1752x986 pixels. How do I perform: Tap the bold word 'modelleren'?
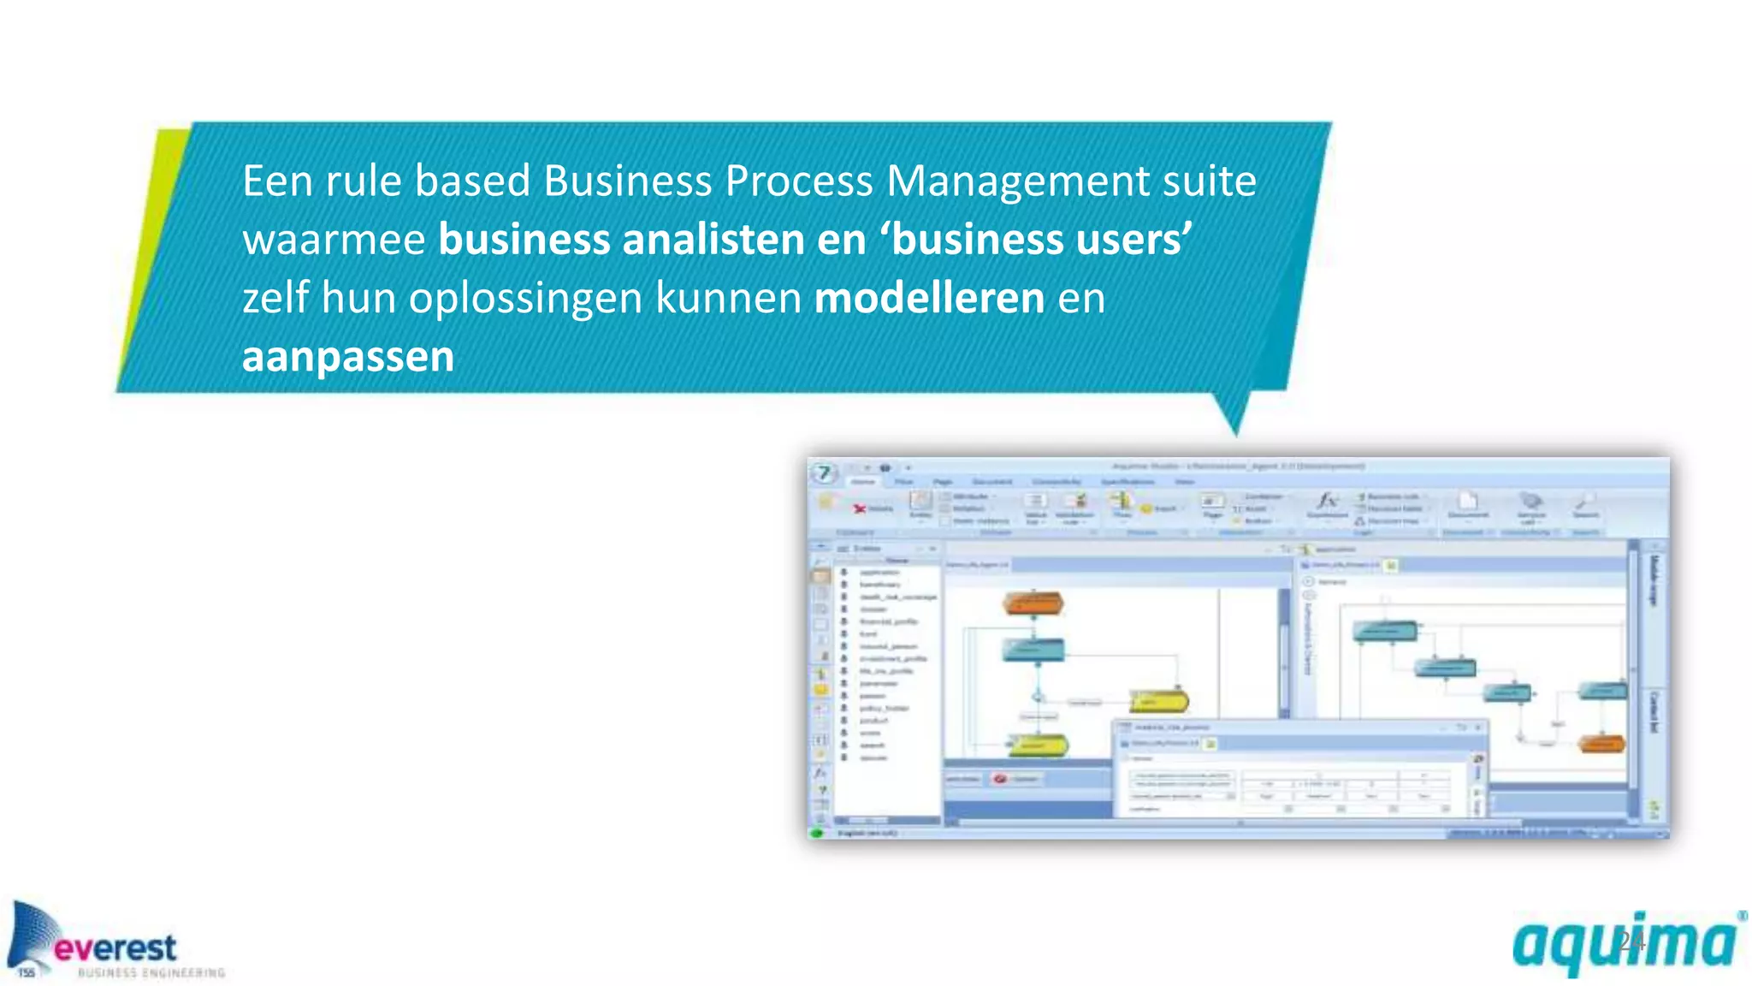pos(929,298)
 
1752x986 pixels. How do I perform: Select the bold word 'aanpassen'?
pos(347,356)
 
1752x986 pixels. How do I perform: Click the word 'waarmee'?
pos(334,240)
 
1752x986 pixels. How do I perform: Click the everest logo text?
pos(115,947)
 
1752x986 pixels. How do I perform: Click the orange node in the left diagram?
pos(1033,603)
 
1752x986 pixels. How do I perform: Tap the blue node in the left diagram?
pos(1033,650)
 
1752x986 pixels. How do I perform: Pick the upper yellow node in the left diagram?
pos(1158,702)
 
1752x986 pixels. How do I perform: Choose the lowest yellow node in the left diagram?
pos(1037,745)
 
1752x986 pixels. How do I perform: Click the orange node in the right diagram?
pos(1600,744)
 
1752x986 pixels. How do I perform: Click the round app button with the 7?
pos(825,472)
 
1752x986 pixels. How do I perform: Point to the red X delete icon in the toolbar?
pos(860,509)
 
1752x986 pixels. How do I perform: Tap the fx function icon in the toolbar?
pos(1327,500)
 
